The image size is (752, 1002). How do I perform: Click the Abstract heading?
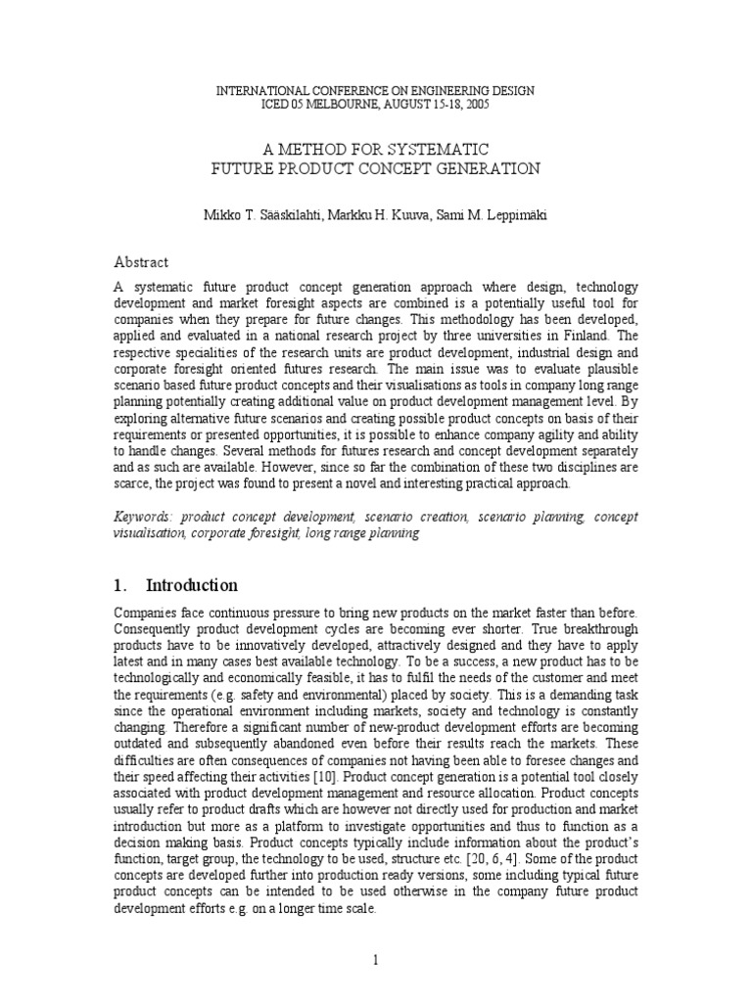[x=142, y=262]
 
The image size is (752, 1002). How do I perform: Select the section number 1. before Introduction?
[x=120, y=586]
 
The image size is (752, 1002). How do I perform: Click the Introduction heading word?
[x=192, y=586]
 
